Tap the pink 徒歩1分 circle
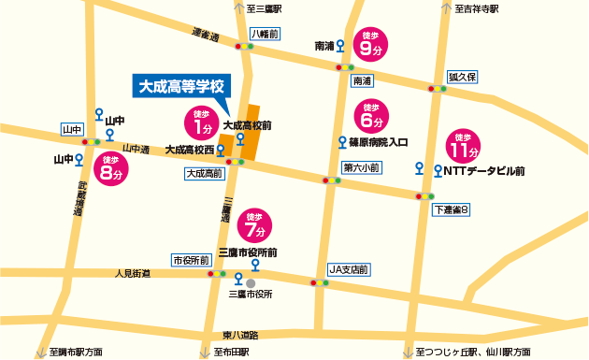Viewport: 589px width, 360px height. point(198,122)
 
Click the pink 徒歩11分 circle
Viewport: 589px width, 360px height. point(463,144)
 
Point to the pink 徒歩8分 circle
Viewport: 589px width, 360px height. point(112,170)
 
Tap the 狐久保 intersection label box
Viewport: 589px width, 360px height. point(463,77)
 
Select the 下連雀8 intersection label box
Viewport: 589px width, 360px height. point(452,209)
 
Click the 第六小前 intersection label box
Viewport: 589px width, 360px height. point(361,168)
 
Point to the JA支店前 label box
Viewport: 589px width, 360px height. point(350,269)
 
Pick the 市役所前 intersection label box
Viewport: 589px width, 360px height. point(191,260)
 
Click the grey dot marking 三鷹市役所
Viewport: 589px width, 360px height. point(251,281)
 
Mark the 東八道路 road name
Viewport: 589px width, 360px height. point(241,335)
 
